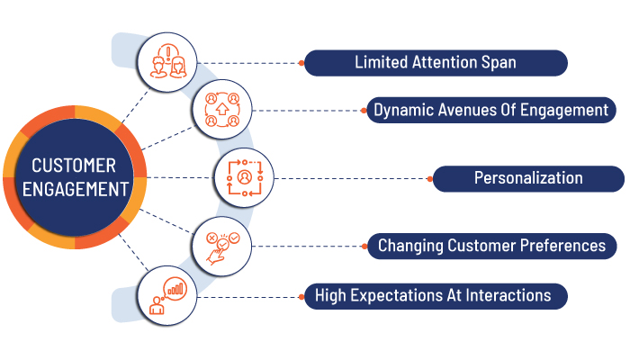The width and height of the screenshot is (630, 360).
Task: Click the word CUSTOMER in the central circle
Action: coord(74,166)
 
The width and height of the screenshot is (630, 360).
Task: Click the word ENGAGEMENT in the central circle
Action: coord(76,189)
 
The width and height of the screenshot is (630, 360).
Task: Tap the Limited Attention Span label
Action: coord(436,63)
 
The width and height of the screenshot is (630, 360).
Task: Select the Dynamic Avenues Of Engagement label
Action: coord(491,110)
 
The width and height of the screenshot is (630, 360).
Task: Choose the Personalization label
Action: coord(528,178)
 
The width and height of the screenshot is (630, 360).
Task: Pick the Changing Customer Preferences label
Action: coord(491,246)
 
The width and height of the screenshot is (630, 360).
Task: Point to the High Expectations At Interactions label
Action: coord(436,296)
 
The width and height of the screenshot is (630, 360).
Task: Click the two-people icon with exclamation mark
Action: coord(167,62)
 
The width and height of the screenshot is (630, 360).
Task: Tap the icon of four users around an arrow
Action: coord(222,110)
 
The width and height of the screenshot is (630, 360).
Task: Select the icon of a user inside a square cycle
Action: coord(244,178)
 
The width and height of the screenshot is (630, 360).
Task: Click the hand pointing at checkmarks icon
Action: coord(222,247)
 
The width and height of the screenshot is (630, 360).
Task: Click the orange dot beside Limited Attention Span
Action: coord(301,63)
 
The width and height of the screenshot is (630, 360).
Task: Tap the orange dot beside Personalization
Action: coord(430,179)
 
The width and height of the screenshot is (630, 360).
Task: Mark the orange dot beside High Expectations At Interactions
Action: coord(301,297)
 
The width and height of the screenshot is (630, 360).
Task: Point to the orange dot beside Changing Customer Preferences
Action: coord(364,247)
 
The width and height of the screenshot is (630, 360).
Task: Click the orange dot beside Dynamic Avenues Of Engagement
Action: coord(364,111)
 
